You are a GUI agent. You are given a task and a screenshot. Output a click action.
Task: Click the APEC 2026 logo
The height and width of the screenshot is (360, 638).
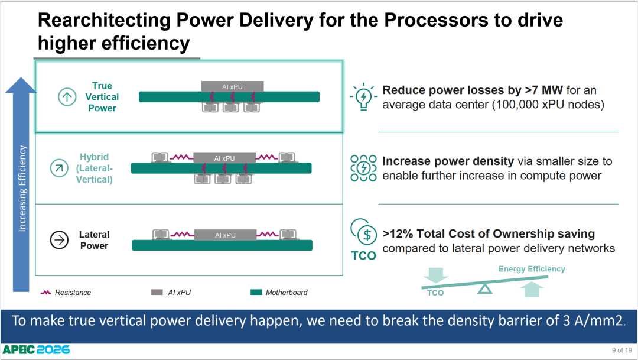click(36, 349)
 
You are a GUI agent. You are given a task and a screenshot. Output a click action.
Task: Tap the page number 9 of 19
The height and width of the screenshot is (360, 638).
click(621, 350)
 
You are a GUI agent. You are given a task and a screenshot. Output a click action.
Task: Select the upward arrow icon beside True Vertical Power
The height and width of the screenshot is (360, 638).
click(67, 97)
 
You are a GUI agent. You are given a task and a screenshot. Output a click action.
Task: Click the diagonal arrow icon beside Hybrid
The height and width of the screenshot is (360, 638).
click(59, 168)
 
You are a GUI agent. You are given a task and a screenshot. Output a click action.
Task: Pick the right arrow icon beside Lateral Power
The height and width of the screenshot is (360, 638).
click(59, 239)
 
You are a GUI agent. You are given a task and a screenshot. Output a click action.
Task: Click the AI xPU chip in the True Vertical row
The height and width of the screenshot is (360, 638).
click(232, 86)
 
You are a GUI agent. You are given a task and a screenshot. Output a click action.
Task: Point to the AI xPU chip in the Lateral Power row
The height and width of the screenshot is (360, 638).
click(225, 235)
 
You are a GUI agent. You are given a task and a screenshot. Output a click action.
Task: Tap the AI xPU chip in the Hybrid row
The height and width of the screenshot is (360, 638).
click(224, 158)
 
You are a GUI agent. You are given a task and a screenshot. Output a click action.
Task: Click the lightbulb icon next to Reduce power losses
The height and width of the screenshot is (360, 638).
click(363, 97)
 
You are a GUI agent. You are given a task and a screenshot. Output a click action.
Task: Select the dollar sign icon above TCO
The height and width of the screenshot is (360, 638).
click(367, 235)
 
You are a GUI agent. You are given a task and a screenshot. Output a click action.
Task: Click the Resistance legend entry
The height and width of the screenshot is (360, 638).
click(66, 293)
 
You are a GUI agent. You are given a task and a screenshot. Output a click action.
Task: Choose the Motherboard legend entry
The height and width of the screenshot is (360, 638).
click(279, 293)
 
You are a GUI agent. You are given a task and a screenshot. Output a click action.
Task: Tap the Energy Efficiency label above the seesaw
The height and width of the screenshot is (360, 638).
click(532, 269)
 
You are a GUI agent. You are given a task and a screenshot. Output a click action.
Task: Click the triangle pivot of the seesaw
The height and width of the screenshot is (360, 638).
click(484, 288)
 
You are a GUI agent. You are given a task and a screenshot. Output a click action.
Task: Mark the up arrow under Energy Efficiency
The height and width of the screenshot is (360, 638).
click(532, 289)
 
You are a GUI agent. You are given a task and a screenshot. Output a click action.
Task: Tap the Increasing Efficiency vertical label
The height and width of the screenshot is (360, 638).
click(22, 189)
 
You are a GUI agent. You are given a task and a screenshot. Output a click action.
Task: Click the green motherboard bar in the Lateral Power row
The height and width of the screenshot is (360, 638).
click(222, 245)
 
